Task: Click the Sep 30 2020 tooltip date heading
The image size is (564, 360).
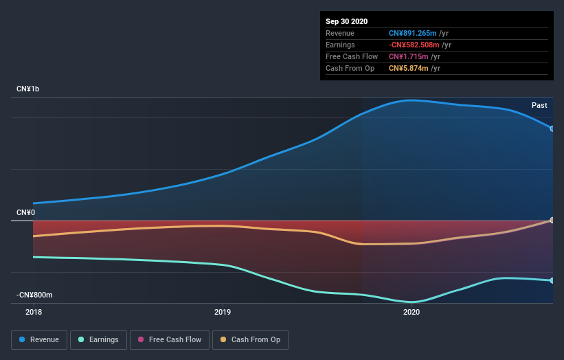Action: (347, 21)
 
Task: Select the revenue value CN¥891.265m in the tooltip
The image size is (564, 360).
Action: (409, 33)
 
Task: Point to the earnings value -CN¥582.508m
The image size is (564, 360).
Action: (410, 45)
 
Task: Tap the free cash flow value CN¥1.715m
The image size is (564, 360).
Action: (405, 56)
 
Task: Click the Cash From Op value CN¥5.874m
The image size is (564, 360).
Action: (405, 68)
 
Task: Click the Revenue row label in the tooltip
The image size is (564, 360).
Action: (340, 33)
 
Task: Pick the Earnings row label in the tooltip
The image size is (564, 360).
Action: (340, 45)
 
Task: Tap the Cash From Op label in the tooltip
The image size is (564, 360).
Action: (350, 68)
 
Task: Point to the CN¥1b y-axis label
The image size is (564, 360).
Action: (28, 89)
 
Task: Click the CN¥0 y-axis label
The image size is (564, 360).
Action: (26, 213)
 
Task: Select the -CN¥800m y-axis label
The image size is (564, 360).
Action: (34, 295)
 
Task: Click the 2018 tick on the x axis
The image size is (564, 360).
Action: (34, 312)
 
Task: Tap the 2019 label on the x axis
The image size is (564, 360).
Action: (223, 312)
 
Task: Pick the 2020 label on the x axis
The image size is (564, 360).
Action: (411, 312)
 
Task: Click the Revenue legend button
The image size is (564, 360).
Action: (40, 339)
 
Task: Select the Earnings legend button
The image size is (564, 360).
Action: (99, 339)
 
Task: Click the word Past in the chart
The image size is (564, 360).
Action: (539, 105)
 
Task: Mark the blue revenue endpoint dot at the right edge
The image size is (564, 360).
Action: (552, 128)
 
